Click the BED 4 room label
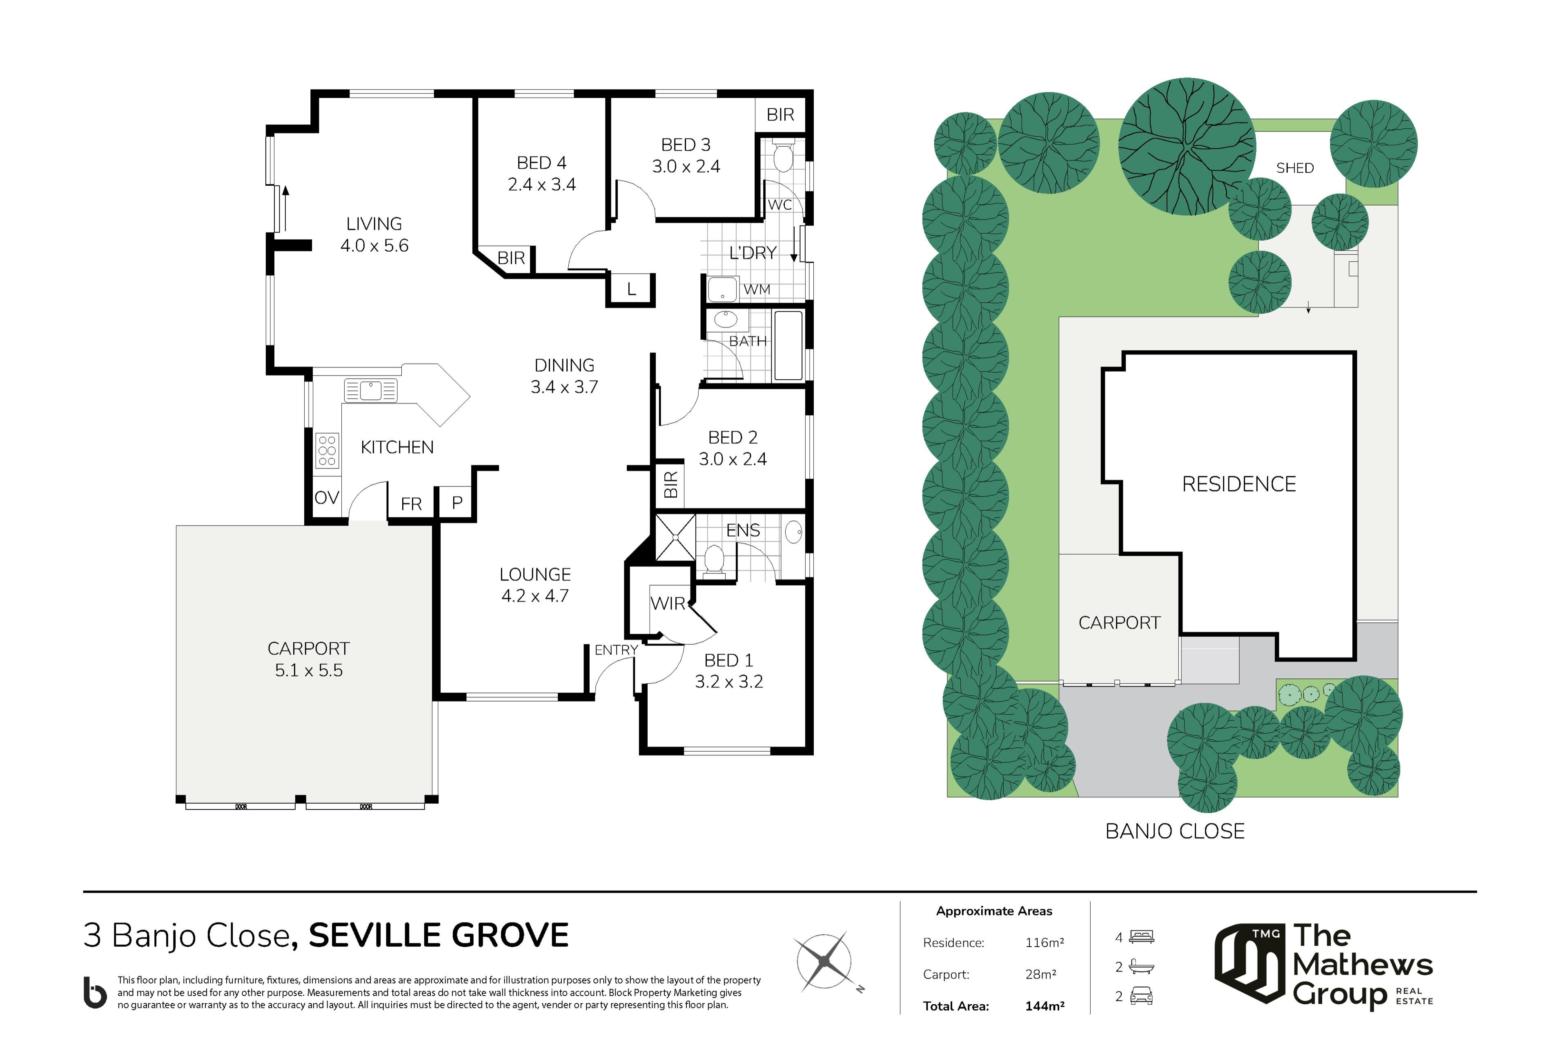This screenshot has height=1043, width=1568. pyautogui.click(x=541, y=163)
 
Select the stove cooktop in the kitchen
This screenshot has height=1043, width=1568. pyautogui.click(x=327, y=450)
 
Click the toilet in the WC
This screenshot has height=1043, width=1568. pyautogui.click(x=783, y=156)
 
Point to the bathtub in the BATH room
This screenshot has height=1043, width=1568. pyautogui.click(x=788, y=345)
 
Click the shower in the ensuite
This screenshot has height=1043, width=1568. pyautogui.click(x=675, y=537)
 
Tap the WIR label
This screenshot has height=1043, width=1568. pyautogui.click(x=668, y=603)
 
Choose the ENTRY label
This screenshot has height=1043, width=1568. pyautogui.click(x=616, y=650)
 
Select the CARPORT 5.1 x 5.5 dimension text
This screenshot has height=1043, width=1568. pyautogui.click(x=309, y=670)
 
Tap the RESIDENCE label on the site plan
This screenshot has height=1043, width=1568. pyautogui.click(x=1239, y=484)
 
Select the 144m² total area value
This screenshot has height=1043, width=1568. pyautogui.click(x=1045, y=1006)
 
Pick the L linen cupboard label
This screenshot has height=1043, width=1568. pyautogui.click(x=631, y=290)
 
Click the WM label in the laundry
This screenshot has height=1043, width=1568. pyautogui.click(x=757, y=290)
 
